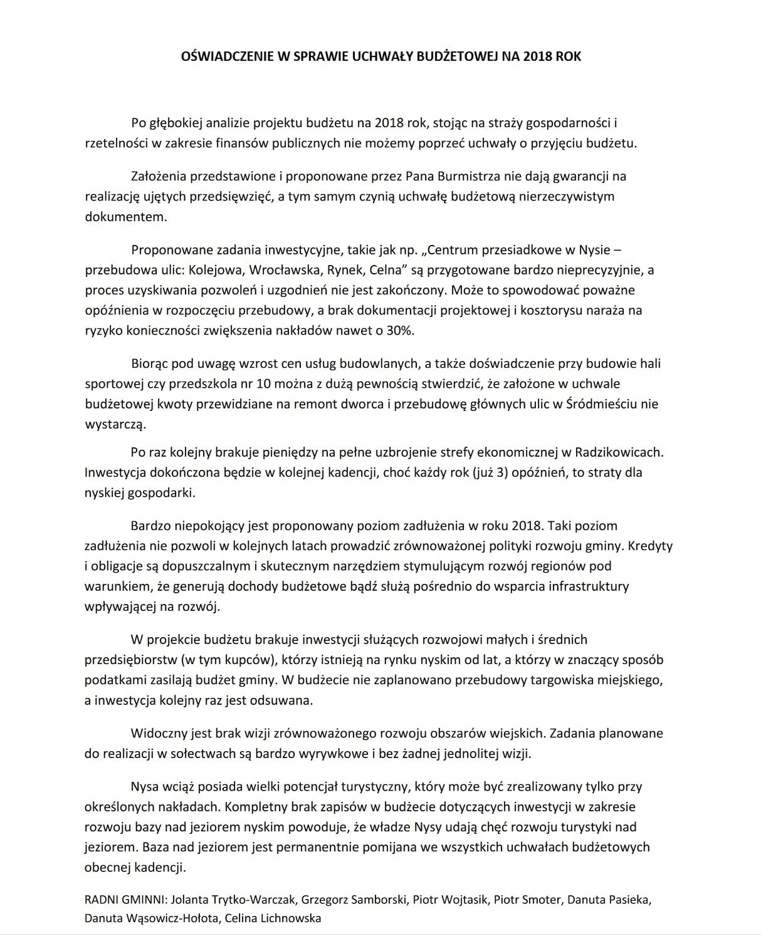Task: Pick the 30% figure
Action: (x=400, y=331)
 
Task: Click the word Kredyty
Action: (x=650, y=546)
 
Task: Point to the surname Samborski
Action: (x=376, y=900)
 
